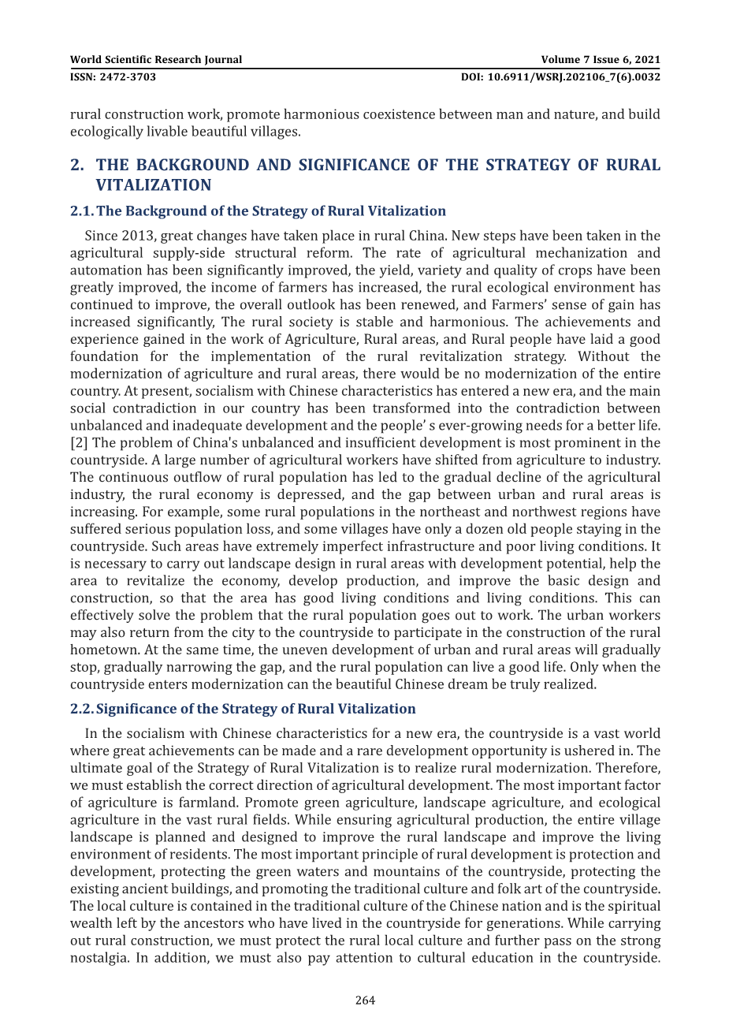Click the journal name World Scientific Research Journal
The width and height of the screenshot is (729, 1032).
click(156, 60)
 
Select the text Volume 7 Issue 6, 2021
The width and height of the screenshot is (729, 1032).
click(601, 60)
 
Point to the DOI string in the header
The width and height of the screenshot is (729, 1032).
click(560, 77)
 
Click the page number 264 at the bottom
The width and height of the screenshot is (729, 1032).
click(365, 1000)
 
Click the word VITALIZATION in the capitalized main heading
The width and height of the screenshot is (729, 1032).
click(154, 185)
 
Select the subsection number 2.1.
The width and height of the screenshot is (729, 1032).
click(82, 211)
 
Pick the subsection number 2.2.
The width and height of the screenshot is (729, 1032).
click(82, 709)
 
